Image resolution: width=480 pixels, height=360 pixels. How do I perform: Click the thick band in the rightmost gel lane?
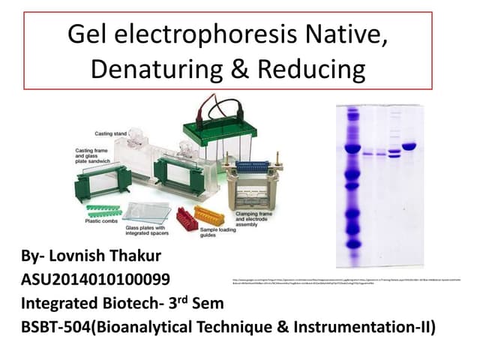pyautogui.click(x=409, y=145)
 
